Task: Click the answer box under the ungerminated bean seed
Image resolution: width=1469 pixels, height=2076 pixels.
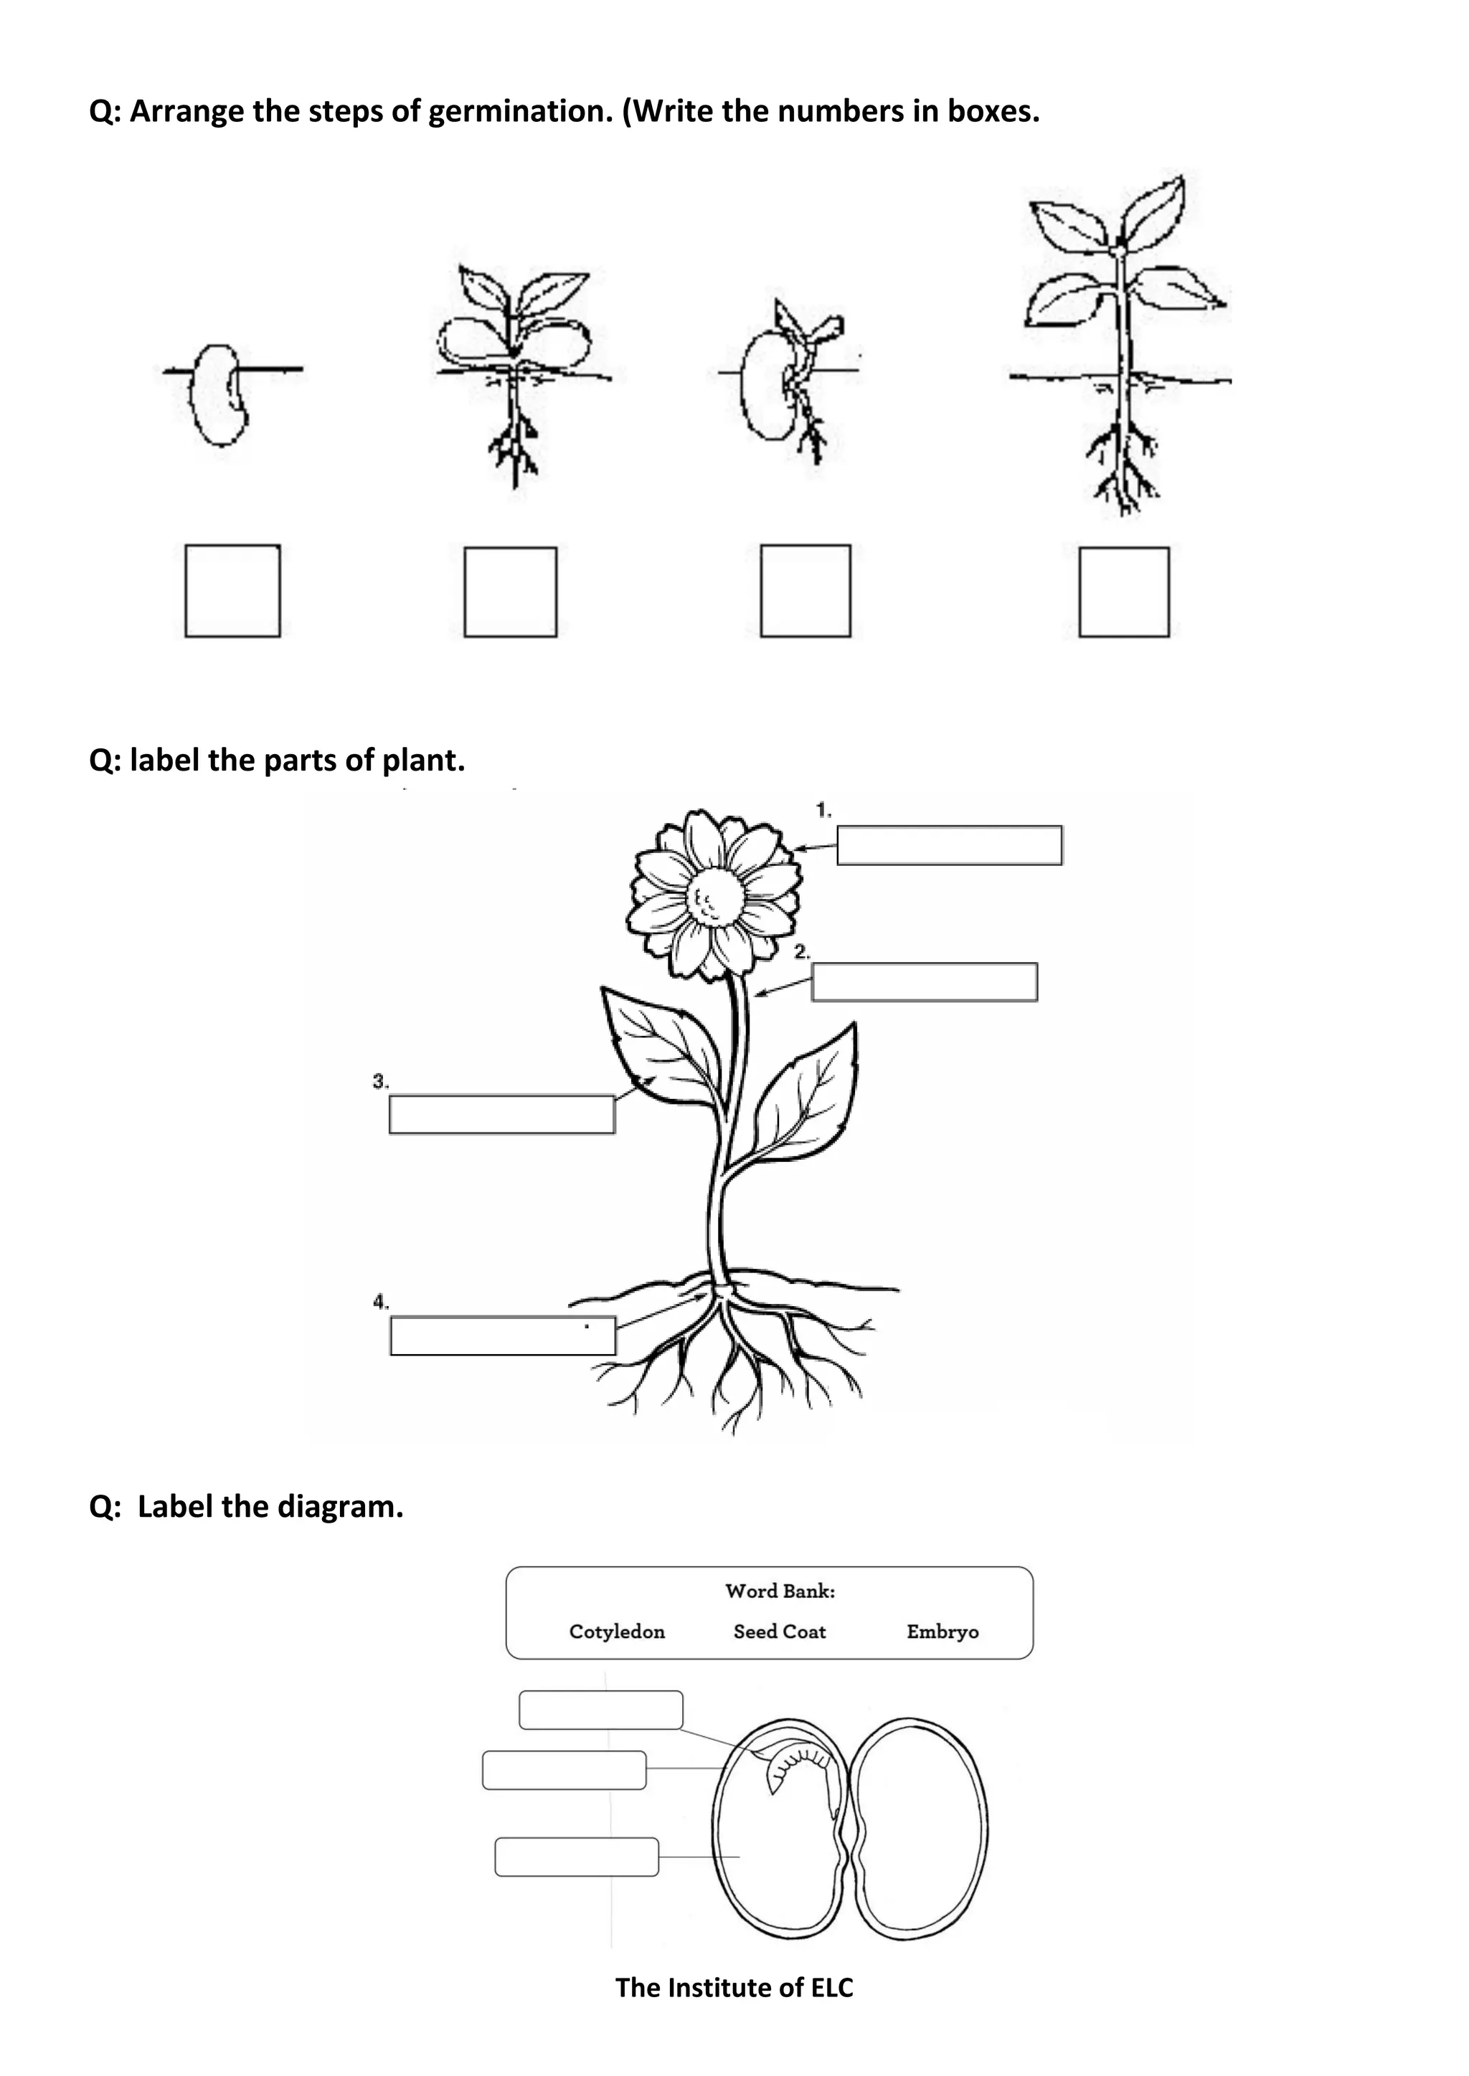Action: [232, 591]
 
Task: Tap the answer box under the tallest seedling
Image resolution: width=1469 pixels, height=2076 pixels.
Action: [1123, 591]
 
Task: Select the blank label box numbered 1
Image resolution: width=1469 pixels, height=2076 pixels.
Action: [949, 845]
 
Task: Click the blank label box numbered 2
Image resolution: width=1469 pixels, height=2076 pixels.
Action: [925, 982]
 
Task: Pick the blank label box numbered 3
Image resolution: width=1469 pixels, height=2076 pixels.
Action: [502, 1114]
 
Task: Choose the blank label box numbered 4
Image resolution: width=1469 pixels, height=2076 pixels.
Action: [503, 1335]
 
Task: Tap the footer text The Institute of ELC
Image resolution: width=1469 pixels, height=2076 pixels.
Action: [734, 1986]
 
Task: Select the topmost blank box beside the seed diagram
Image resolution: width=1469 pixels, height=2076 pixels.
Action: [600, 1710]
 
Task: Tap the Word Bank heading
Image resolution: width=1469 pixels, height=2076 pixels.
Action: [780, 1591]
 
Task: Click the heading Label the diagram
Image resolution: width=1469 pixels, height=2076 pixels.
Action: [246, 1506]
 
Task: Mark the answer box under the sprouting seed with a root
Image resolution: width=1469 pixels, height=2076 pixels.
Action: [805, 591]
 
